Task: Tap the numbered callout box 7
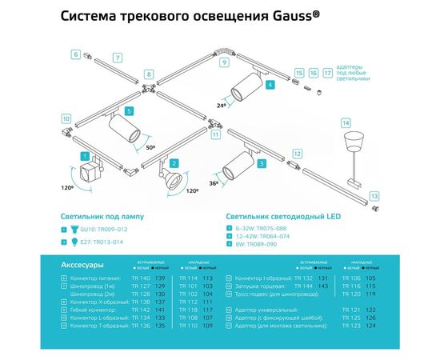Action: point(117,58)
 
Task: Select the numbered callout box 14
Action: point(346,123)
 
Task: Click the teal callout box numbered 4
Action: point(270,84)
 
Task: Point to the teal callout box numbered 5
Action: point(129,111)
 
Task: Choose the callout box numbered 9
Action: point(225,62)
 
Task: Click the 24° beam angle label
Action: point(222,104)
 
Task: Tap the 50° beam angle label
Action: point(151,148)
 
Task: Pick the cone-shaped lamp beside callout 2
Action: point(171,180)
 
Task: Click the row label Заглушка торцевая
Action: point(261,285)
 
